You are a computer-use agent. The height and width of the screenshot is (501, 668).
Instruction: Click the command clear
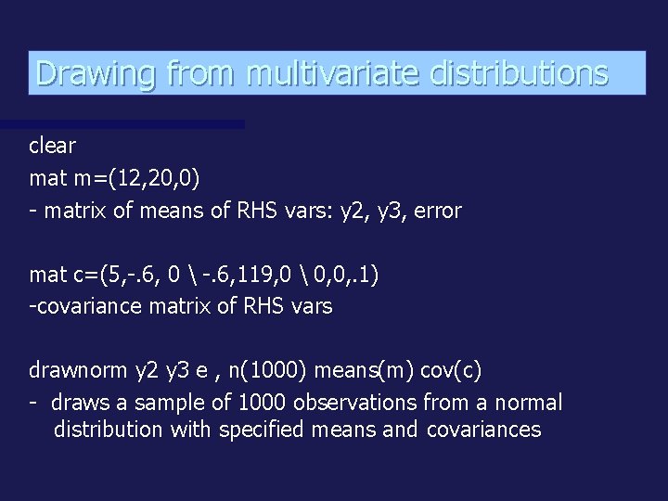(x=53, y=146)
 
